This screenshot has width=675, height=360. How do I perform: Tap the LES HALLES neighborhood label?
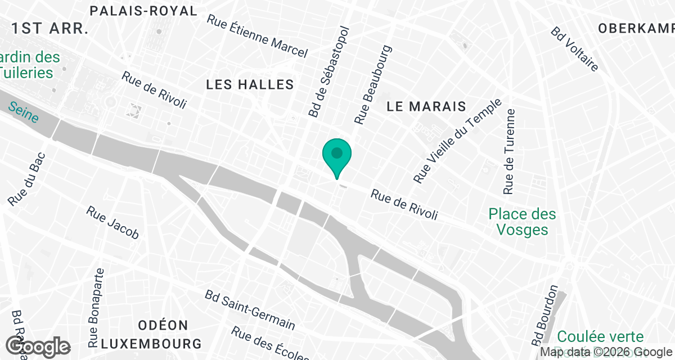click(x=250, y=85)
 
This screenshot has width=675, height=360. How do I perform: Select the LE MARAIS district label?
click(x=426, y=106)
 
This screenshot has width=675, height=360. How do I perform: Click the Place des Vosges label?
click(x=522, y=222)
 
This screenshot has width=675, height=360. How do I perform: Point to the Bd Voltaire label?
click(x=574, y=48)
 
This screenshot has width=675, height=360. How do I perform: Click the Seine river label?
click(x=24, y=112)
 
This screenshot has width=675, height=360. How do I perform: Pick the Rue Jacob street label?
click(x=112, y=222)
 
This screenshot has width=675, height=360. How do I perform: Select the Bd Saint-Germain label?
click(x=250, y=310)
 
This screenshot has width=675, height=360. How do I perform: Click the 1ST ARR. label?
click(x=51, y=29)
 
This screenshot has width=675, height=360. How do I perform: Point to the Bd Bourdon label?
click(x=544, y=316)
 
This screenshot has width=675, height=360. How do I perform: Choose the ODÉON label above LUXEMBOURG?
click(x=163, y=325)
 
